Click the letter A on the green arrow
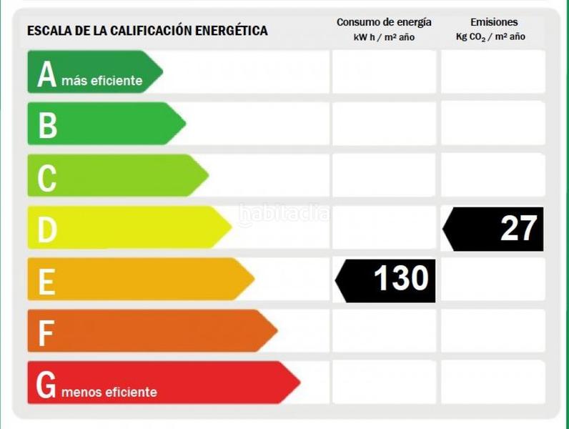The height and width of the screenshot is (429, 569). point(46,74)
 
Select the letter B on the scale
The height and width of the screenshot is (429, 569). point(47,126)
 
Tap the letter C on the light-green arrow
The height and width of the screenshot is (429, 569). point(46,178)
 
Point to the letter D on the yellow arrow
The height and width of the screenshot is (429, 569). point(46,230)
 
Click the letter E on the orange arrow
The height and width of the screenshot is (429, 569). point(46,281)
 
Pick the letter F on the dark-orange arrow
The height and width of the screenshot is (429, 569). point(46,332)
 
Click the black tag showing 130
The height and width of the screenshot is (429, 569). point(386,280)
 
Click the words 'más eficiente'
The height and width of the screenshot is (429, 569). point(102,81)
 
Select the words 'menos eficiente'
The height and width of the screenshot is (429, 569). point(109,392)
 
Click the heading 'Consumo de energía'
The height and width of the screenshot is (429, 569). point(384,22)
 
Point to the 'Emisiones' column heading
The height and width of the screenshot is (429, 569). point(494,22)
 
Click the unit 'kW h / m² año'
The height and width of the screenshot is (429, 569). point(384,37)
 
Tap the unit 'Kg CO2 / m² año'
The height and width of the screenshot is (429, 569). point(490,37)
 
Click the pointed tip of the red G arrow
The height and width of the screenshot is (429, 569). point(298,383)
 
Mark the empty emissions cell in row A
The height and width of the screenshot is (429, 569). point(493,71)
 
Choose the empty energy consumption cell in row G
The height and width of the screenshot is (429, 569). point(384,382)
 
